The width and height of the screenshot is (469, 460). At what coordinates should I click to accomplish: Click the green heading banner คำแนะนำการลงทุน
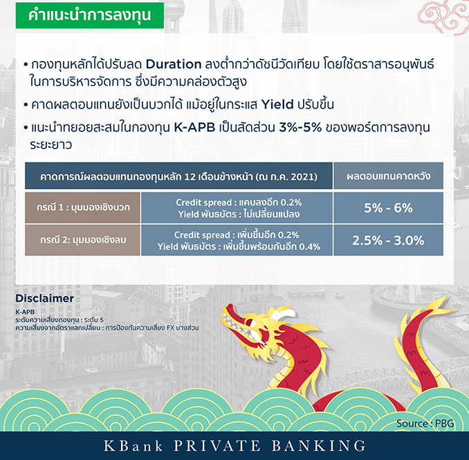point(90,15)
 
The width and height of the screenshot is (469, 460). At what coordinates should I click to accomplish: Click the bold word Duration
point(174,64)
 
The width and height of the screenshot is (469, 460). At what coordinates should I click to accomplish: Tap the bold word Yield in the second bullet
point(277,104)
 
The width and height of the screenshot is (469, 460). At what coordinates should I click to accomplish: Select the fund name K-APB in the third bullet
point(194,128)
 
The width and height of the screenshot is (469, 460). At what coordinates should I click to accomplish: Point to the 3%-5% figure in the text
point(300,128)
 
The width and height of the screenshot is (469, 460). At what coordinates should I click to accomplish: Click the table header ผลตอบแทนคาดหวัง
point(388,176)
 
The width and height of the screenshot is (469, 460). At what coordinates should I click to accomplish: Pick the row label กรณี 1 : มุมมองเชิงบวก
point(83,208)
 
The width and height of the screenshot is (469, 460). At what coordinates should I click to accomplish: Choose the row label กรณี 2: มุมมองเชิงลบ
point(83,240)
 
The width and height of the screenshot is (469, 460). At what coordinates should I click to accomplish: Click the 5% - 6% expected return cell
point(388,208)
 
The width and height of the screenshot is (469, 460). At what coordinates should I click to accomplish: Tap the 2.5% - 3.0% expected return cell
point(388,240)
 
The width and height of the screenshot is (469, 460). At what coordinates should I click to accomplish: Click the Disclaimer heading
point(44,298)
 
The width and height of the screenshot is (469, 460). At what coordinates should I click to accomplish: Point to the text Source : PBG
point(425,423)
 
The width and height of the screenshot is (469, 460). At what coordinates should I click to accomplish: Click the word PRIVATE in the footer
point(217,445)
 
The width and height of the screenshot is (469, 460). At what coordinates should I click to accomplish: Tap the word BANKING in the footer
point(319,445)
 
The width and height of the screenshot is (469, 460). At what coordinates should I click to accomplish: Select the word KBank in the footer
point(134,445)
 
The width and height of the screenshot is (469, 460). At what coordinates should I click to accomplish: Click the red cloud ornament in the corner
point(443,17)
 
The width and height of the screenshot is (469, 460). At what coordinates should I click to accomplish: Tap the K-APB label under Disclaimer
point(25,312)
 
